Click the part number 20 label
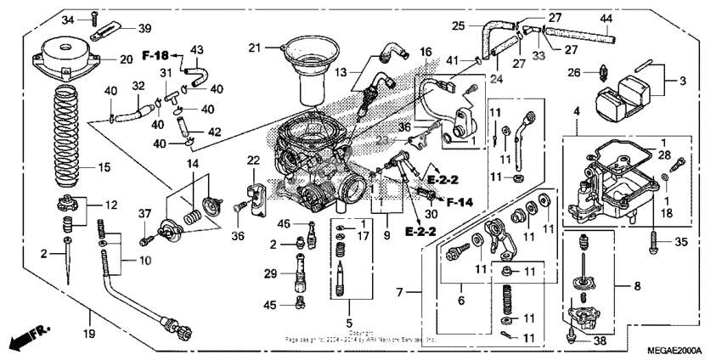pyautogui.click(x=126, y=59)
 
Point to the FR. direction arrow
pyautogui.click(x=26, y=338)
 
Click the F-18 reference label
pyautogui.click(x=152, y=53)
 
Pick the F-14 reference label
pyautogui.click(x=460, y=203)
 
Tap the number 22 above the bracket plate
pyautogui.click(x=253, y=160)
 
